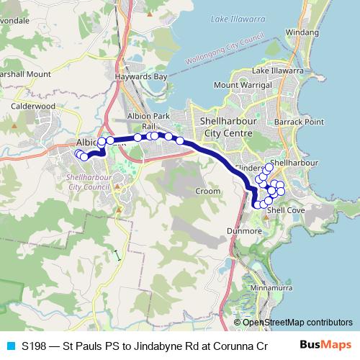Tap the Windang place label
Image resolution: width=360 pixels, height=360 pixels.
302,32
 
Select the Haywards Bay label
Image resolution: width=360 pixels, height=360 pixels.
142,76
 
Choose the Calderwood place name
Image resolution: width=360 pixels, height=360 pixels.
33,106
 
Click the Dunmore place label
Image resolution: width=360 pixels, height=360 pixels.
247,231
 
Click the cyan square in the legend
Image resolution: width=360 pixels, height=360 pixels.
10,346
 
